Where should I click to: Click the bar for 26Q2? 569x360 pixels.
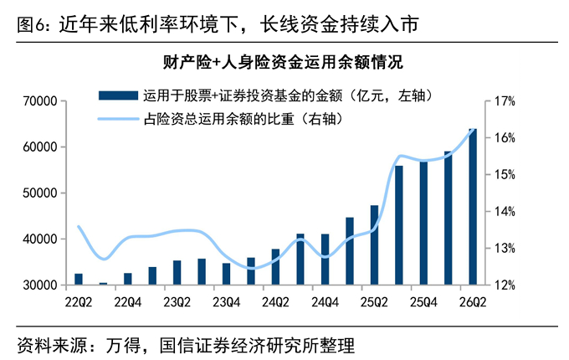tap(473, 206)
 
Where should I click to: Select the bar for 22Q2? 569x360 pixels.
tap(79, 279)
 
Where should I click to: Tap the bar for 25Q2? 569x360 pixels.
tap(374, 245)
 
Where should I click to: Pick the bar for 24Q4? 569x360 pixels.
tap(325, 259)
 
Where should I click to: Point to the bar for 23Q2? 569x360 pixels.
tap(177, 273)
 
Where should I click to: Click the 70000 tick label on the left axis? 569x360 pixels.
tap(40, 101)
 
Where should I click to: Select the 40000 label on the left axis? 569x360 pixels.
tap(40, 239)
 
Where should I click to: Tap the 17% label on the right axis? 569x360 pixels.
tap(505, 101)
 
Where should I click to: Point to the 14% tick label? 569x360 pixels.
tap(505, 211)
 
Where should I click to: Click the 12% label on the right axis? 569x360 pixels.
tap(505, 285)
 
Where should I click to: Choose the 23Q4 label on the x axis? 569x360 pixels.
tap(227, 302)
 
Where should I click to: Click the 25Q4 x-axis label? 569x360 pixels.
tap(423, 302)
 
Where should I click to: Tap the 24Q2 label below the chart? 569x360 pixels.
tap(276, 302)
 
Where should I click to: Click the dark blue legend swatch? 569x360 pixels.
tap(118, 95)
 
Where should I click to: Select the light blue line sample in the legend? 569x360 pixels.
tap(118, 119)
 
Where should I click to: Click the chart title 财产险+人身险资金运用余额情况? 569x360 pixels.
tap(283, 62)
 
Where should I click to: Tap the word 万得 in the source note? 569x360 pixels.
tap(123, 345)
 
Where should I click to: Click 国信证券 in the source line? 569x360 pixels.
tap(195, 345)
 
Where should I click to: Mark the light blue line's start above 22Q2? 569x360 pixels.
tap(79, 226)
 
